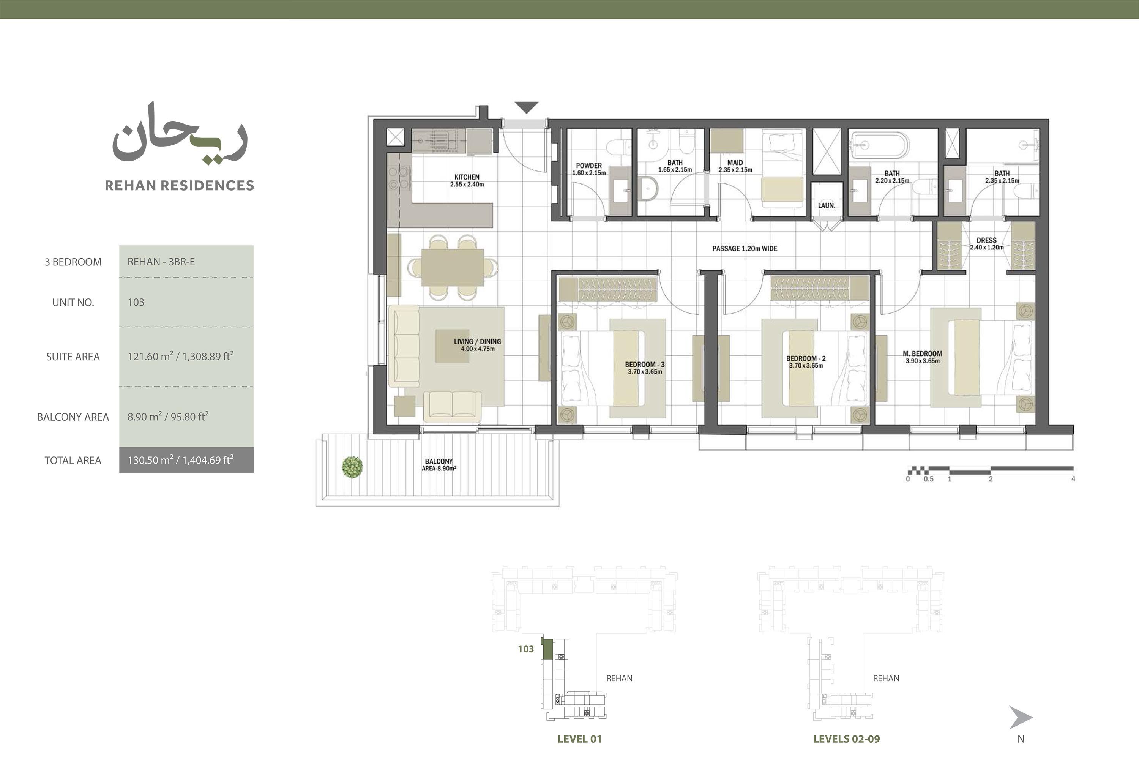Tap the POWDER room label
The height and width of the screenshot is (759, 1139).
(x=588, y=166)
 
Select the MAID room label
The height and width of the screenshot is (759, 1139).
(x=735, y=163)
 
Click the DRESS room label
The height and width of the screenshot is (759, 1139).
(x=986, y=240)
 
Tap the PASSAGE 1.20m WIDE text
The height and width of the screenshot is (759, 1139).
(x=745, y=248)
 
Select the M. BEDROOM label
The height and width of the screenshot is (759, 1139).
(x=923, y=353)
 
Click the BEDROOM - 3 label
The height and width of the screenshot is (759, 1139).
(x=645, y=365)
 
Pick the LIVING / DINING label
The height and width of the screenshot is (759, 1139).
(x=477, y=341)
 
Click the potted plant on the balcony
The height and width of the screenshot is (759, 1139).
(x=352, y=467)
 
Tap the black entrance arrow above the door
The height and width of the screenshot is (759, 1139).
(x=527, y=107)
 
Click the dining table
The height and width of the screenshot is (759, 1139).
(x=453, y=267)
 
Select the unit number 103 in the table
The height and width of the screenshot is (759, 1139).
(x=136, y=302)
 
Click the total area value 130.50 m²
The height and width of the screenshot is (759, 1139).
(x=150, y=460)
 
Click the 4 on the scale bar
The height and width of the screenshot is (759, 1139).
(x=1073, y=479)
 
